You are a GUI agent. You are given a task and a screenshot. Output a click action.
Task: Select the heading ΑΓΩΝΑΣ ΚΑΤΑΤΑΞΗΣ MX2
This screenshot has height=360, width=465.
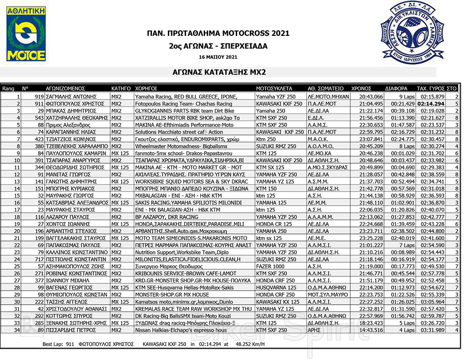(218, 73)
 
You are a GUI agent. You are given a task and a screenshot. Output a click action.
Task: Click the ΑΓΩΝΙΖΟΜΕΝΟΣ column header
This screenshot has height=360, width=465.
(65, 88)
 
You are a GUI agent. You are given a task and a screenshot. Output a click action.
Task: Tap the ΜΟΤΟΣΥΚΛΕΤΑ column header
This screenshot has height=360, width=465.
(274, 88)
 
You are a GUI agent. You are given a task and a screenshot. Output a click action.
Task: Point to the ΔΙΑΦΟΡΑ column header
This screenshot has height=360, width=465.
(396, 88)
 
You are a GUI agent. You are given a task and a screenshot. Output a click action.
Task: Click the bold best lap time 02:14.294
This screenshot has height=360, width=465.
(431, 104)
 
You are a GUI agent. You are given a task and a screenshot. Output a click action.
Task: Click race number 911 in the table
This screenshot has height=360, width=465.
(39, 104)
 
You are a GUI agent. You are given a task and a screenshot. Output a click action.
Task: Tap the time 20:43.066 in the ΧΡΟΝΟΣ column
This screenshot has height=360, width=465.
(372, 96)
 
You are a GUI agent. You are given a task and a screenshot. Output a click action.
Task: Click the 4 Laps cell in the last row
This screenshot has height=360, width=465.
(399, 330)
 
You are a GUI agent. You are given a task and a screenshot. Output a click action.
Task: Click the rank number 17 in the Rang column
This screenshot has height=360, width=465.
(17, 210)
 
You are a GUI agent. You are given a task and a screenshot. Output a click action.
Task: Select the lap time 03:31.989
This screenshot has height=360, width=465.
(432, 330)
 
